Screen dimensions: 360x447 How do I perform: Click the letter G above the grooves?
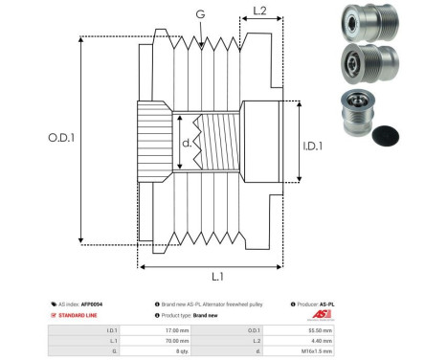(199, 14)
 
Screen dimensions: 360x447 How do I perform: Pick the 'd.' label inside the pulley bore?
(186, 145)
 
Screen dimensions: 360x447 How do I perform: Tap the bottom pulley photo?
(359, 114)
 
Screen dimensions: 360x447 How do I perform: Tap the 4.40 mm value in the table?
(321, 339)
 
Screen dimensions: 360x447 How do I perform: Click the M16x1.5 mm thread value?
(317, 350)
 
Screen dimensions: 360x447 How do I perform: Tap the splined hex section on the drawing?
(154, 145)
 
